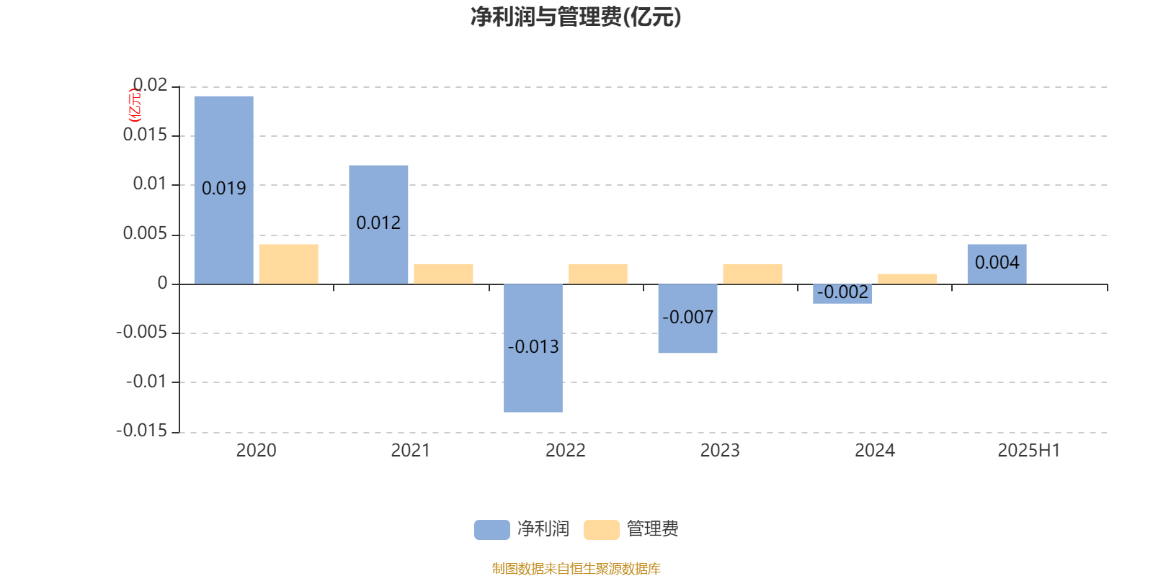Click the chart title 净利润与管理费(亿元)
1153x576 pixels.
tap(576, 17)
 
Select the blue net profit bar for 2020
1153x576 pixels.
tap(224, 190)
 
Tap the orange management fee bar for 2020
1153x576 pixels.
tap(289, 264)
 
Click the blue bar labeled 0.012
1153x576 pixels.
tap(378, 224)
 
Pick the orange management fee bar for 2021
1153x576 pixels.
tap(443, 274)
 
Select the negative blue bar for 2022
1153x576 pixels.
tap(533, 348)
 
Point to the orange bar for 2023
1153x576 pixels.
tap(752, 274)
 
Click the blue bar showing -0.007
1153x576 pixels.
tap(687, 318)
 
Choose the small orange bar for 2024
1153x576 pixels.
tap(907, 279)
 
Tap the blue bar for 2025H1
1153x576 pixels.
tap(997, 264)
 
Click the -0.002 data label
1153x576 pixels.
tap(842, 292)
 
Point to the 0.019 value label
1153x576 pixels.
tap(224, 188)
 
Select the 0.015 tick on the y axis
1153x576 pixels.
tap(145, 135)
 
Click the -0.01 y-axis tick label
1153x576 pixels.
tap(147, 382)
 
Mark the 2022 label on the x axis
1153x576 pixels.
tap(565, 451)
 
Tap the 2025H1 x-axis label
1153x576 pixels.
tap(1029, 451)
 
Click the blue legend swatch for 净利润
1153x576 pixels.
tap(492, 530)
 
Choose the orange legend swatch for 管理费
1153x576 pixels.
tap(601, 530)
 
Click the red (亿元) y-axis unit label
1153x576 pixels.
tap(134, 105)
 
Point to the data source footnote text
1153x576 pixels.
tap(576, 568)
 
